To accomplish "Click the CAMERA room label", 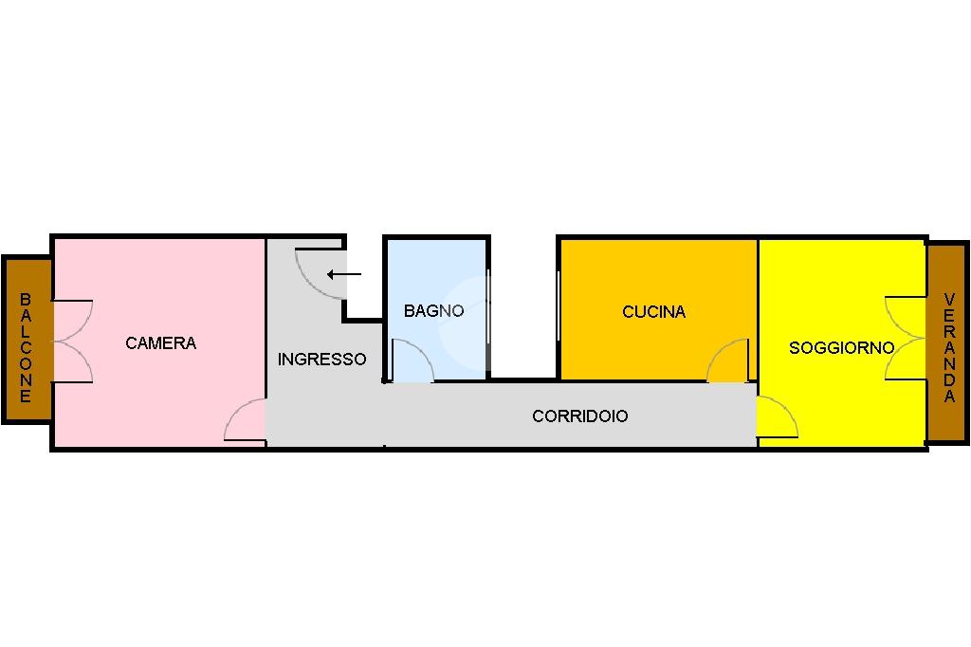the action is pyautogui.click(x=160, y=343).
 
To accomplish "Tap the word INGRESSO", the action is pyautogui.click(x=321, y=360).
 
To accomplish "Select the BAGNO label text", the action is pyautogui.click(x=433, y=310).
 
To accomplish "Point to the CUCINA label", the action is pyautogui.click(x=653, y=311).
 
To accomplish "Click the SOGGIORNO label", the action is pyautogui.click(x=841, y=348).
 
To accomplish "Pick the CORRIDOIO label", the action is pyautogui.click(x=579, y=416).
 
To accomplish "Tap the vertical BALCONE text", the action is pyautogui.click(x=26, y=347).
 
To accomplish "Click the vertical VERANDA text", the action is pyautogui.click(x=949, y=348).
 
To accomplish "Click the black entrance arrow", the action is pyautogui.click(x=344, y=275).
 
